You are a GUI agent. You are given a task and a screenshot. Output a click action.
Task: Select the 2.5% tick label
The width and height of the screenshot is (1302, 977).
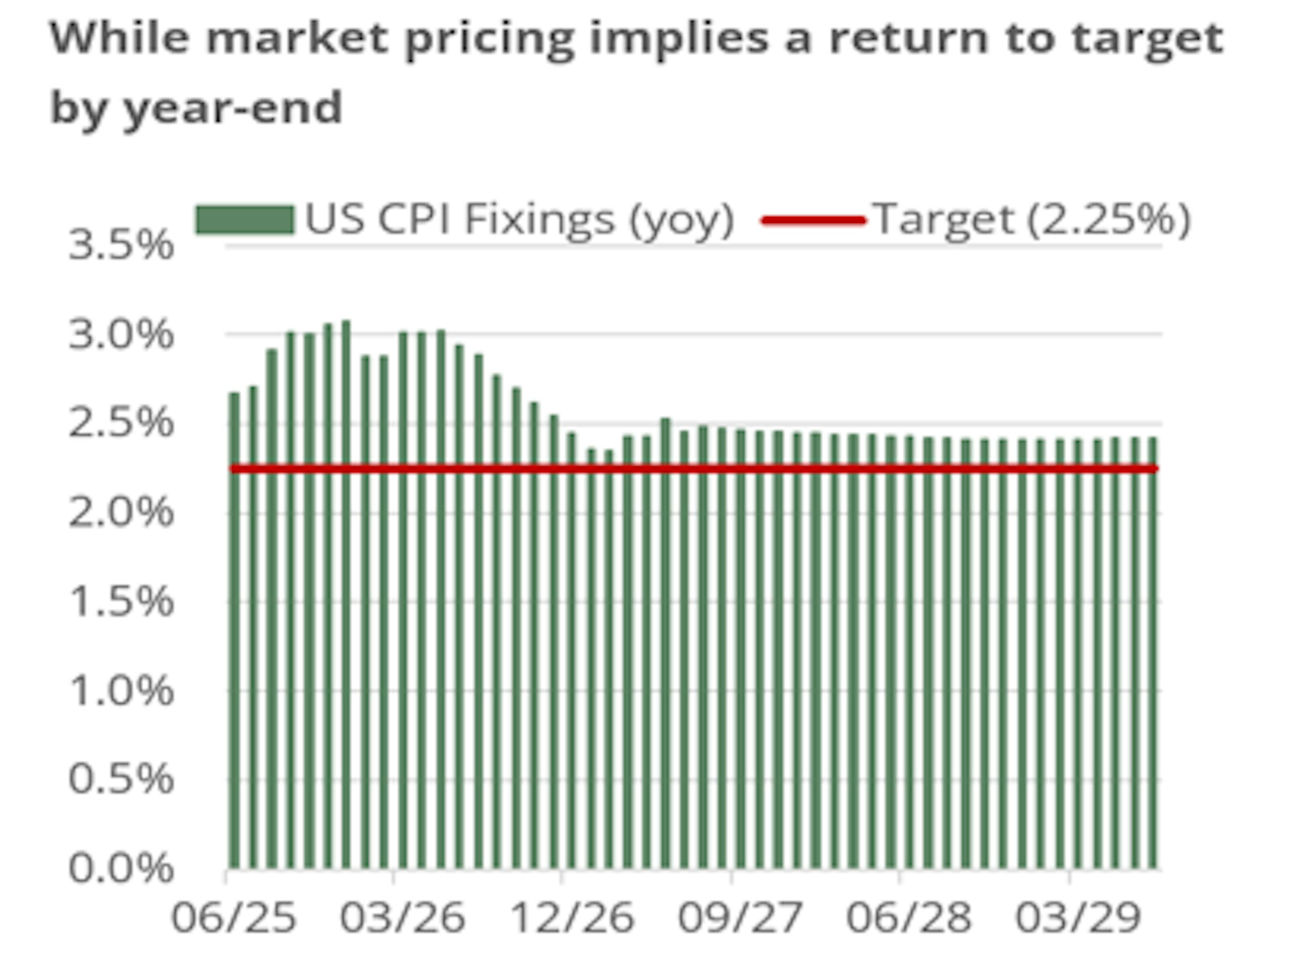pyautogui.click(x=121, y=423)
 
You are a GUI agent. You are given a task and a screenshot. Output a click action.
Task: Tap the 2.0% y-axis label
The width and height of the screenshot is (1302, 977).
pyautogui.click(x=121, y=513)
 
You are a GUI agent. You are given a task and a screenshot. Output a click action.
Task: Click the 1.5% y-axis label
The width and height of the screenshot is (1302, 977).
pyautogui.click(x=121, y=602)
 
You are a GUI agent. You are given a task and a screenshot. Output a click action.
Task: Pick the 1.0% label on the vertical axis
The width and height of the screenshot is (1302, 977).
pyautogui.click(x=121, y=691)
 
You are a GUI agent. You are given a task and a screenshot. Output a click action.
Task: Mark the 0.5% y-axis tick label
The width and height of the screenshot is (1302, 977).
pyautogui.click(x=121, y=780)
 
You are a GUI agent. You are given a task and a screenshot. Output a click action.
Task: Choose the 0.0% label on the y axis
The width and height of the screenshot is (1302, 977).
pyautogui.click(x=121, y=868)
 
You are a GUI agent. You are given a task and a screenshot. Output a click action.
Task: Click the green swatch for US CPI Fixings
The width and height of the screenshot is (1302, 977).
pyautogui.click(x=244, y=220)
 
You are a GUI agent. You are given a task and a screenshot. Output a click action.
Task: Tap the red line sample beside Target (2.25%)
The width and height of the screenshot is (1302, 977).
pyautogui.click(x=813, y=221)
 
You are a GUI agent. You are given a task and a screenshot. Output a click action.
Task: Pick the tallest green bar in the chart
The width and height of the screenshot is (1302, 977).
pyautogui.click(x=347, y=595)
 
